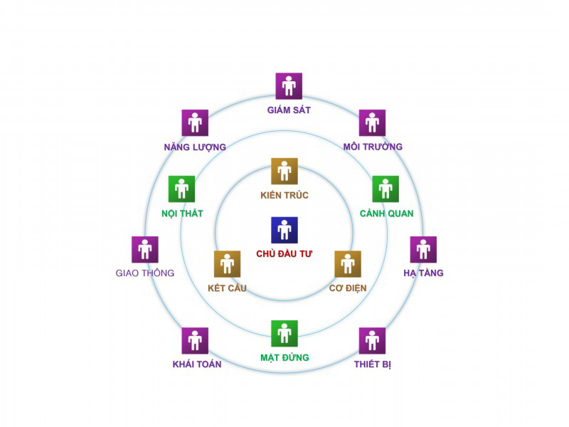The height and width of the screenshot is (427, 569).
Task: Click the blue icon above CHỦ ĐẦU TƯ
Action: (284, 230)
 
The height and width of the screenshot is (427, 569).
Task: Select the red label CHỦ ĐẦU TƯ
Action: (284, 254)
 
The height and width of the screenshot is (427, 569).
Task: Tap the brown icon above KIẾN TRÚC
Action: (284, 171)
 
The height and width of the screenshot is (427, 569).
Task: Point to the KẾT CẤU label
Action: (227, 288)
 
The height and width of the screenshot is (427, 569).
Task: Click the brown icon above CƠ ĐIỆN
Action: (348, 264)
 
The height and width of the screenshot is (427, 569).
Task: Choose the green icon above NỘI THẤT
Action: (181, 189)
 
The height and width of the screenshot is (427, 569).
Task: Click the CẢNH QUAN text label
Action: (386, 213)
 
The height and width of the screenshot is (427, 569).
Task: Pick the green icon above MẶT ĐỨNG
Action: (284, 333)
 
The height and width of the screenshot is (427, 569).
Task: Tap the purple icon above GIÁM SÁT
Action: (289, 86)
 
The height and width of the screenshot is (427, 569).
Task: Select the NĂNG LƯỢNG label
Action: (195, 147)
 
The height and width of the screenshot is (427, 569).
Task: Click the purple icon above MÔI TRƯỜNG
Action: (372, 122)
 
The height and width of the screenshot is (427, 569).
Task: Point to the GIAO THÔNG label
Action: (145, 273)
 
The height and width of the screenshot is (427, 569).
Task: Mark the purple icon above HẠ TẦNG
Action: (423, 250)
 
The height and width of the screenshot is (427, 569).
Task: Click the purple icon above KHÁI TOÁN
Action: (195, 341)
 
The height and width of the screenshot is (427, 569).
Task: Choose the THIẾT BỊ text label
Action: (373, 364)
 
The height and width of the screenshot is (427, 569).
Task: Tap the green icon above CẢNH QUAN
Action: (385, 189)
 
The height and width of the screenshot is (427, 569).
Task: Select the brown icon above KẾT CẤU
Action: (227, 264)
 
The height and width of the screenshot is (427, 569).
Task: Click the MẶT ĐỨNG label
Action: (285, 358)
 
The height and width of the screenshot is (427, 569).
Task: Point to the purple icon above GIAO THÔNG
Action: (145, 250)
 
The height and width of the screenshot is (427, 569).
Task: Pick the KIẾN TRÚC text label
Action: (284, 195)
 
